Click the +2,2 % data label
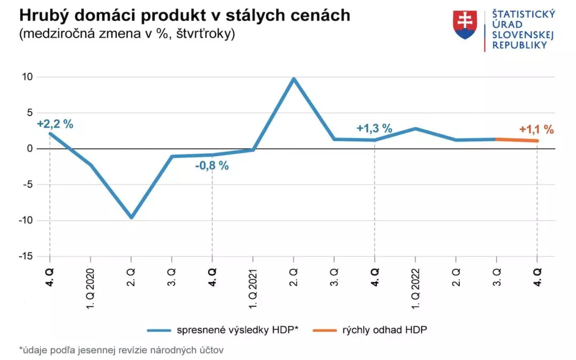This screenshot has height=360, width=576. [55, 124]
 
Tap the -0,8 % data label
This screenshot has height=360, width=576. [212, 166]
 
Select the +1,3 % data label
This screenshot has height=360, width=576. [374, 129]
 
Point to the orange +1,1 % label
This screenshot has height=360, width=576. [536, 129]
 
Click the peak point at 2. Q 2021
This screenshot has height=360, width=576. [293, 79]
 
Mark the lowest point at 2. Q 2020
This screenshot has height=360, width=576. [131, 217]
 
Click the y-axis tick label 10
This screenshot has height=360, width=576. [28, 77]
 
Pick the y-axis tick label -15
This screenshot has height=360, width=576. [25, 257]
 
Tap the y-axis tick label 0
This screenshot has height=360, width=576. [30, 149]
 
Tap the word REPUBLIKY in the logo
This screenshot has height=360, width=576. [520, 45]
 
